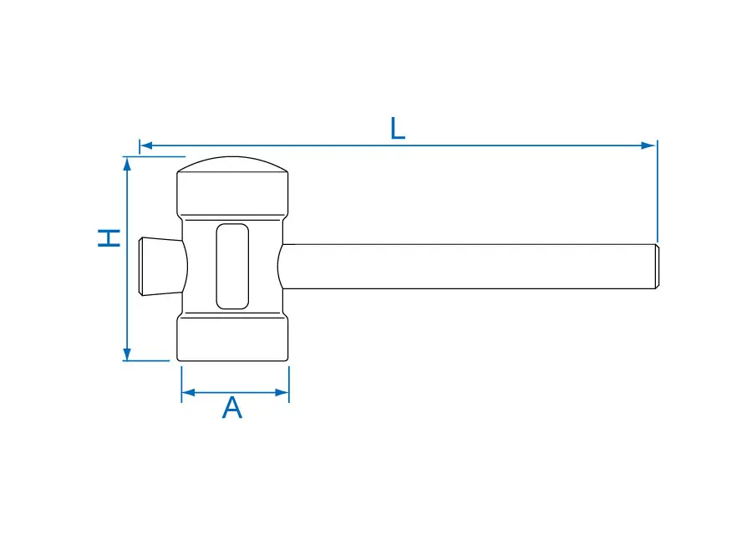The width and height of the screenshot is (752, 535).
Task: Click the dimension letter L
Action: point(398,128)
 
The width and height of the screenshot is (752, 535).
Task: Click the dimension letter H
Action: point(109,238)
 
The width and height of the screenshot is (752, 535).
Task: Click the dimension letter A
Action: point(232,408)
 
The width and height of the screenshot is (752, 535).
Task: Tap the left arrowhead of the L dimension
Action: point(145,145)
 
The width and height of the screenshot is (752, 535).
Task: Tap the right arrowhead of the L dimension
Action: point(648,145)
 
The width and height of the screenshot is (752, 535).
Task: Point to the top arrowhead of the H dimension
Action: point(127,164)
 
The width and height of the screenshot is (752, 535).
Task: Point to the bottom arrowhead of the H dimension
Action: point(127,354)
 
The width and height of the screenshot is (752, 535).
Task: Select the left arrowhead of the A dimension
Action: point(189,393)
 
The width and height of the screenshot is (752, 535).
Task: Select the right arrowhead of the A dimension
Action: point(282,393)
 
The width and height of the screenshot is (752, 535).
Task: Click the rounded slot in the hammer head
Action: point(232,267)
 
